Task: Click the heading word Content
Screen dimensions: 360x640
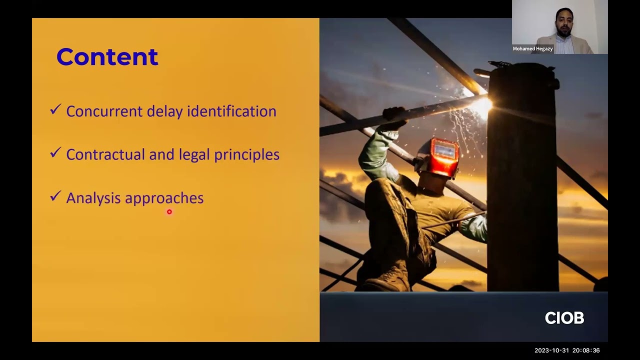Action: [x=107, y=57]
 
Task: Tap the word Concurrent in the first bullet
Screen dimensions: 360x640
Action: [x=104, y=111]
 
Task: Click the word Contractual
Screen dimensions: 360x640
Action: [x=105, y=154]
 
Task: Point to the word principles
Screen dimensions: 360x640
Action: [x=246, y=155]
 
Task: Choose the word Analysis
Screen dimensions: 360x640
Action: [x=93, y=198]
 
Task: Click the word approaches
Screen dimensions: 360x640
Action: [x=164, y=198]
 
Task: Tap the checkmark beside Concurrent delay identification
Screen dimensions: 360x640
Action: [x=55, y=109]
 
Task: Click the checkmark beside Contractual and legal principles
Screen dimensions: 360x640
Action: [x=55, y=153]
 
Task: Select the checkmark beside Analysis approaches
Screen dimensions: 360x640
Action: [x=55, y=196]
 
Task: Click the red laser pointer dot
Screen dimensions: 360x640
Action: [x=169, y=212]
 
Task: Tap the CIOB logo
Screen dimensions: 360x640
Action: [x=564, y=318]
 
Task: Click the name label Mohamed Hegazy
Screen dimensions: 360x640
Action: [x=532, y=49]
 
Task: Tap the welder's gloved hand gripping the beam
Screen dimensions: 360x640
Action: [x=393, y=114]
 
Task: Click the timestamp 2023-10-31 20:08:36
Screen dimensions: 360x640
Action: [x=567, y=350]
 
